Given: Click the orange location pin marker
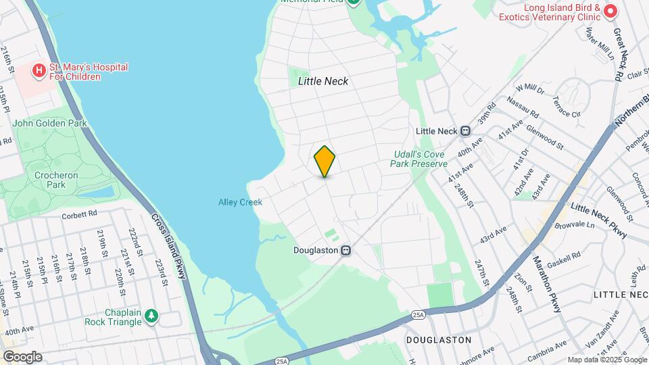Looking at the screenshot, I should pos(324,162).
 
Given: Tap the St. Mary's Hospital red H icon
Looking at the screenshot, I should pos(39,70).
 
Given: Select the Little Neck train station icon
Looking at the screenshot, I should pos(465,131).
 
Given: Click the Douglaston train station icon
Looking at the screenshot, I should pos(345,250).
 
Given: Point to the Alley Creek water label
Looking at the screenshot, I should pos(240,202).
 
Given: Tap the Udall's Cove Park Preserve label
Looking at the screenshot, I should pos(420,159).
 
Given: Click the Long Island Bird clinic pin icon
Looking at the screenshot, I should pos(610,11).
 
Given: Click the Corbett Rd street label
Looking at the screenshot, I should pos(80,214).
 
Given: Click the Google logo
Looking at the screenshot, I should pos(22,356).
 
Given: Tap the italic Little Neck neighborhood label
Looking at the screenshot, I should pos(323,81).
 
